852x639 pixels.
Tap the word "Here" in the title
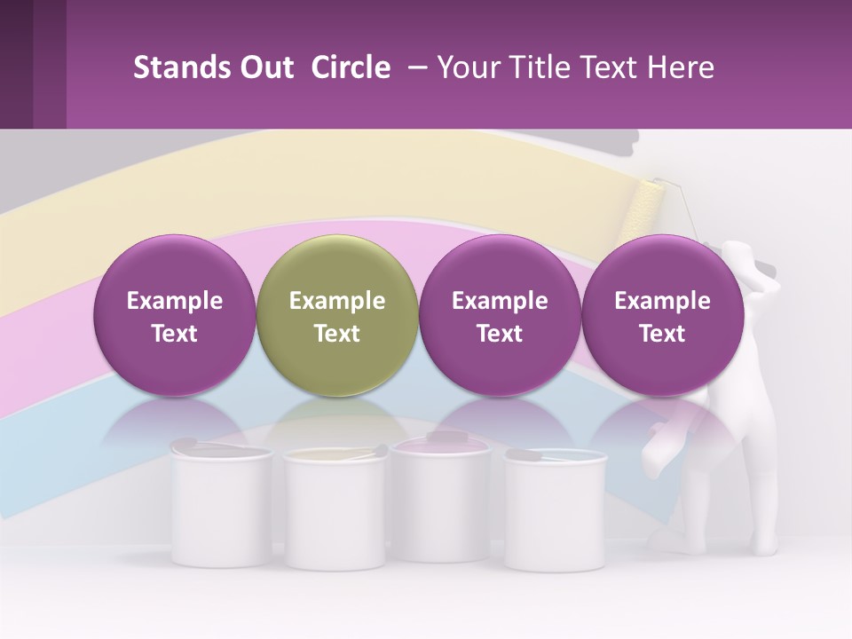click(x=681, y=67)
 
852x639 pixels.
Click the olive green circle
click(x=337, y=315)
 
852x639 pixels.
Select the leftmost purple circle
click(x=174, y=315)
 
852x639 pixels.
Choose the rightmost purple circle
click(x=662, y=315)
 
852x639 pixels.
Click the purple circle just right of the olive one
click(x=500, y=315)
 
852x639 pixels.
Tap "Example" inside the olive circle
click(x=337, y=301)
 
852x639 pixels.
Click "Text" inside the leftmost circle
click(x=174, y=334)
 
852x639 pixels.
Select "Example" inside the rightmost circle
click(x=662, y=301)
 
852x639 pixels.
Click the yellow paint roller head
click(x=643, y=213)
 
